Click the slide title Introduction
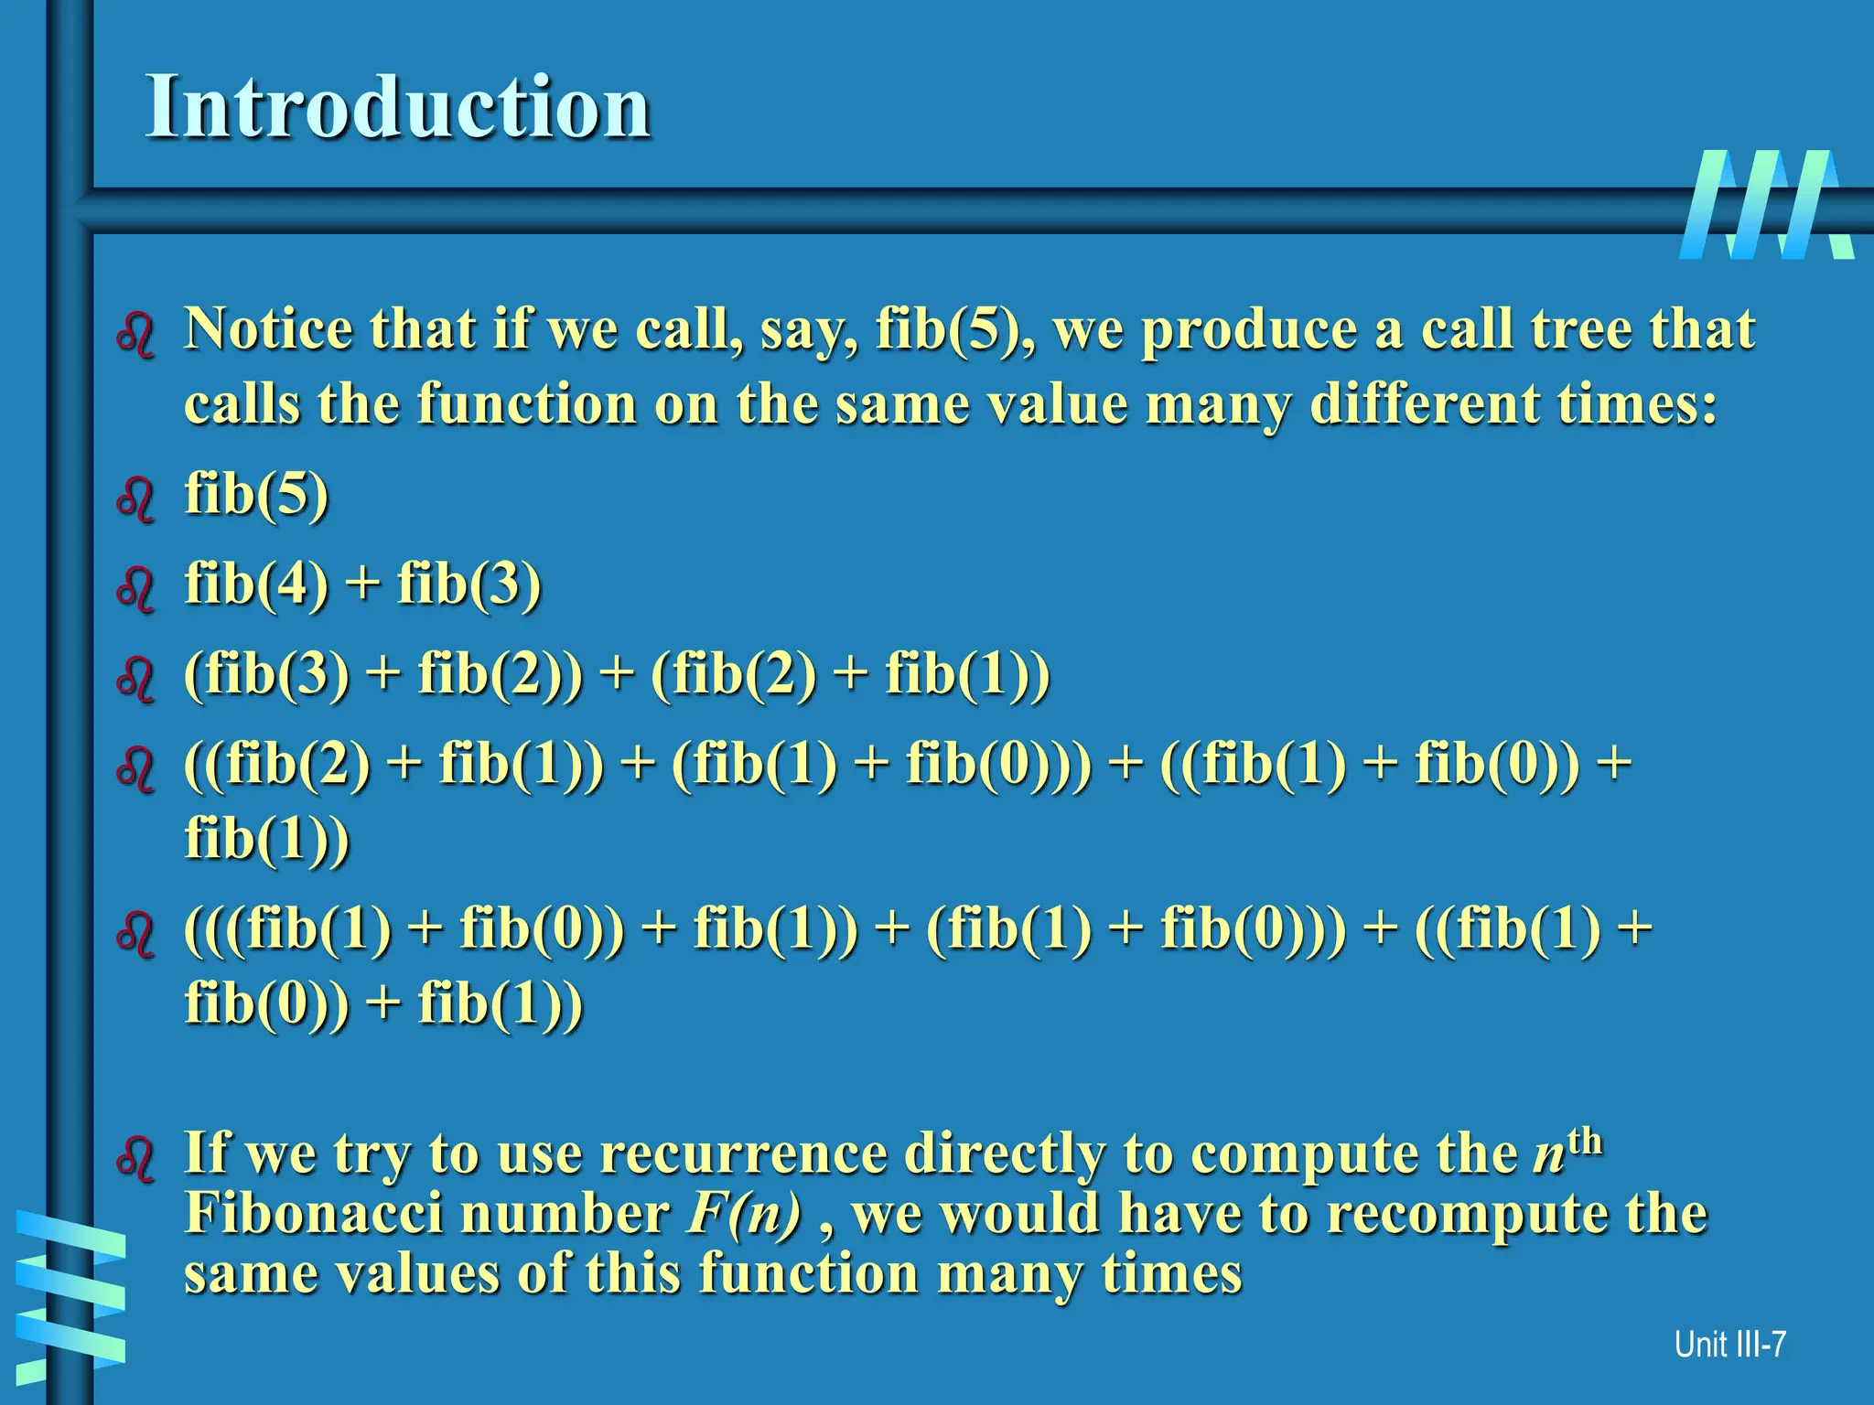[x=398, y=108]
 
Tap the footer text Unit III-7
[x=1729, y=1345]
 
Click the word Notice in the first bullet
[x=267, y=329]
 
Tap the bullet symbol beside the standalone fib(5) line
[x=136, y=499]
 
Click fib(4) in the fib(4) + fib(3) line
[x=256, y=585]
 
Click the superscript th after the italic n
[x=1585, y=1142]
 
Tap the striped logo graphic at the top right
[x=1766, y=205]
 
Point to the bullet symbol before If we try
[x=136, y=1158]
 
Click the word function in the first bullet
[x=526, y=404]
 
